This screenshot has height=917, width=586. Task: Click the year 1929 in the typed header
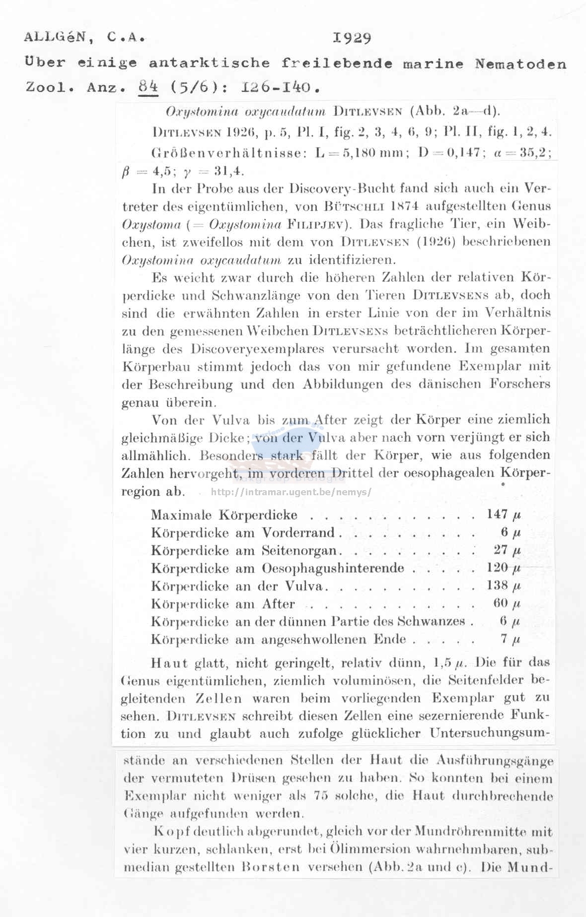(x=352, y=38)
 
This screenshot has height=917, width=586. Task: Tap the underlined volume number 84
(x=148, y=87)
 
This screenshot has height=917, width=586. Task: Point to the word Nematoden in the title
(x=520, y=64)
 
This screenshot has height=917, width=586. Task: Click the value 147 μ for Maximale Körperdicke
(x=504, y=515)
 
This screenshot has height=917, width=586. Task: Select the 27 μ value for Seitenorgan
(x=507, y=550)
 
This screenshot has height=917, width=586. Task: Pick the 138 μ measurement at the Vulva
(x=504, y=586)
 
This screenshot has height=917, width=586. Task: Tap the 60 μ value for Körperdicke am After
(x=507, y=603)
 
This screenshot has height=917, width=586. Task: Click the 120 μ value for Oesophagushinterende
(x=504, y=568)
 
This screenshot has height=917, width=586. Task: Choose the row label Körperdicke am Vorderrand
(x=242, y=533)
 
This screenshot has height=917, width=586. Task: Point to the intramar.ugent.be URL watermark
(x=292, y=492)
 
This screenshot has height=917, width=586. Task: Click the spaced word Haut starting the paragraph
(x=169, y=663)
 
